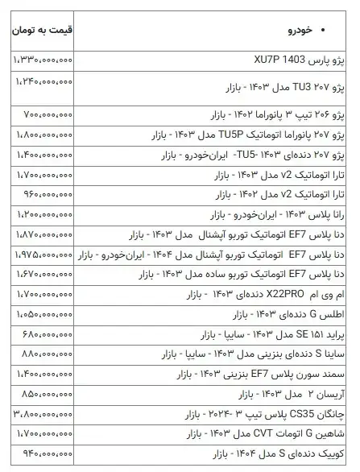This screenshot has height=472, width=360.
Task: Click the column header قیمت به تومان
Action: (x=41, y=31)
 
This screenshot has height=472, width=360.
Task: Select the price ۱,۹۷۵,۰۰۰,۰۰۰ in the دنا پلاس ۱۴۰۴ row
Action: (x=43, y=255)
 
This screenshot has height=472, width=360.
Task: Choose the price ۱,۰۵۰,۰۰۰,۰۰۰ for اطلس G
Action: (x=43, y=315)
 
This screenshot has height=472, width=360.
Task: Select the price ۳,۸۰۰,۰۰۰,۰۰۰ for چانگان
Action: (x=43, y=414)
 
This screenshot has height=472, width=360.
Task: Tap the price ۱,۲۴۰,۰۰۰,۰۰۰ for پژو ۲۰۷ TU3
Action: (x=43, y=83)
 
